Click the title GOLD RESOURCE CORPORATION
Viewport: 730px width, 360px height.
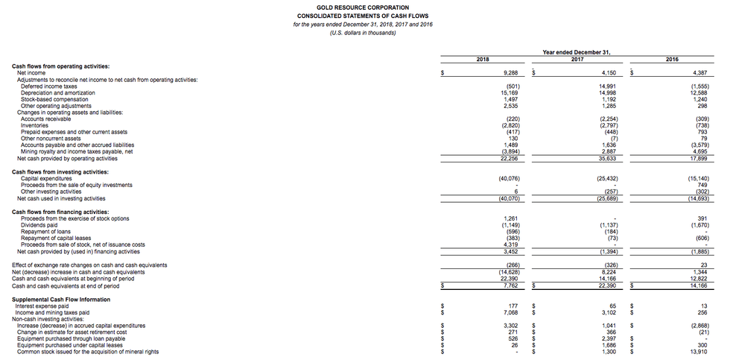pos(364,7)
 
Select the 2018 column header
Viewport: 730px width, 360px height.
pos(483,58)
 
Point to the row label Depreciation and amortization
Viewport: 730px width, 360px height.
pos(55,92)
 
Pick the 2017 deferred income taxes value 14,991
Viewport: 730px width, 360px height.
pos(607,86)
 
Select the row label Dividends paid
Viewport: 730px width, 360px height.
pos(39,225)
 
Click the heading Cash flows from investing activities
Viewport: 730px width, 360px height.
pos(60,172)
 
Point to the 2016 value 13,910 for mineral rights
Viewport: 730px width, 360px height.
pos(699,351)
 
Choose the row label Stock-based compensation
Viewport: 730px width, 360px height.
pos(54,99)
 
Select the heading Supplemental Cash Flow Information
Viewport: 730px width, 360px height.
pos(61,300)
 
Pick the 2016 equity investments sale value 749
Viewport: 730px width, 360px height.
pos(702,185)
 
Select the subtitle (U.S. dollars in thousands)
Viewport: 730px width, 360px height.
pos(364,32)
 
